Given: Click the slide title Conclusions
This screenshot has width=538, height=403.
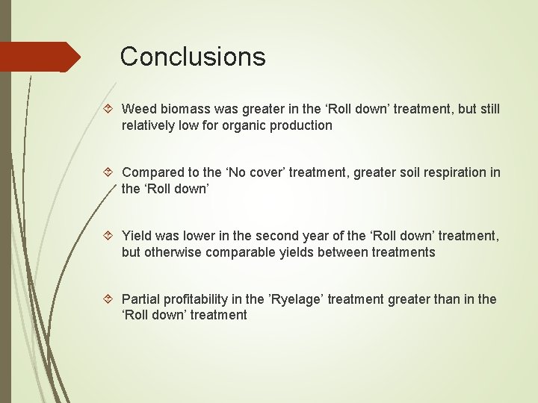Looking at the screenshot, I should point(192,57).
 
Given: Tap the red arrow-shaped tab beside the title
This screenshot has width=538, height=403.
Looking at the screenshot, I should point(39,57).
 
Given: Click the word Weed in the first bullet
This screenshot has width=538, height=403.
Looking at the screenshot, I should point(137,109).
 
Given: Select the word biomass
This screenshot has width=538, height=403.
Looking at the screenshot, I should point(182,109).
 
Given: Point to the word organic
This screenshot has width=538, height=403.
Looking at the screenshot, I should point(247,125).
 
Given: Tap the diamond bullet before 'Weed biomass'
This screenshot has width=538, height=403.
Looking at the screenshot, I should point(110,109).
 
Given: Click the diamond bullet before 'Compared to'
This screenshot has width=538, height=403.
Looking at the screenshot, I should point(110,172).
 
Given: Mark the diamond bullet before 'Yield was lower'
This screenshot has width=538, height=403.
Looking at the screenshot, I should point(110,236).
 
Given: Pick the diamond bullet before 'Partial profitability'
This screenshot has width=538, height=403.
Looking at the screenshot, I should point(110,299).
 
